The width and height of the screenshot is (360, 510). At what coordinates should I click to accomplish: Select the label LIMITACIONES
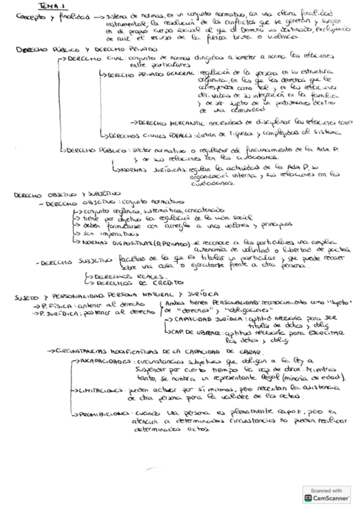[99, 390]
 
